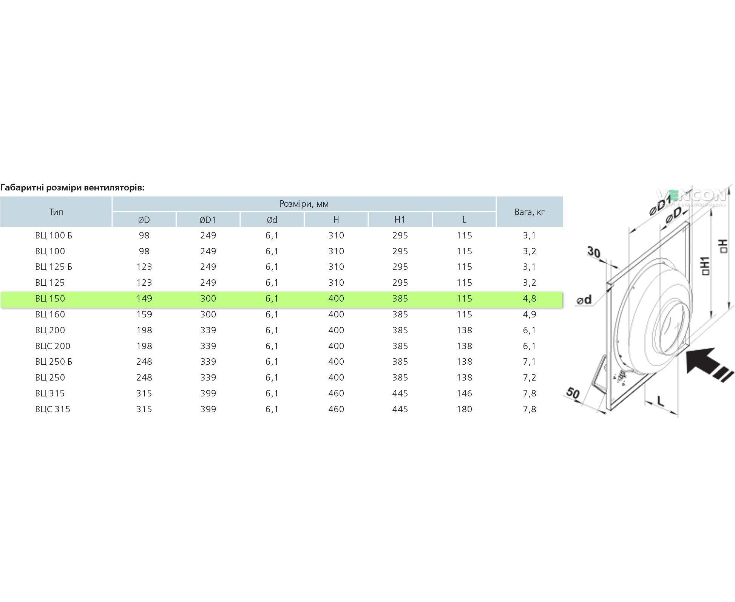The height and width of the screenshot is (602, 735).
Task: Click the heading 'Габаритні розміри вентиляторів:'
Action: pyautogui.click(x=73, y=188)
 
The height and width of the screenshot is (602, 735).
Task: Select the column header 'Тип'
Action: pyautogui.click(x=56, y=212)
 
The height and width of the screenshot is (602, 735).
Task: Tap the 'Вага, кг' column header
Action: pyautogui.click(x=530, y=212)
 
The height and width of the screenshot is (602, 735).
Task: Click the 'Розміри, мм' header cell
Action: pyautogui.click(x=304, y=204)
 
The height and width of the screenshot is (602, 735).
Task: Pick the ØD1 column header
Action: pyautogui.click(x=208, y=220)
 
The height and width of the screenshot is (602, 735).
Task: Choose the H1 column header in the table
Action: pyautogui.click(x=400, y=220)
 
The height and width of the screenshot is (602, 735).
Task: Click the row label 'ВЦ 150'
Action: pyautogui.click(x=50, y=299)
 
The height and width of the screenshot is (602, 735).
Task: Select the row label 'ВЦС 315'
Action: pyautogui.click(x=53, y=409)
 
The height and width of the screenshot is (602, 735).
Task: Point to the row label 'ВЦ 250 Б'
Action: pyautogui.click(x=54, y=362)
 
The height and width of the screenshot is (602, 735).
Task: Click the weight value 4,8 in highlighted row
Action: pyautogui.click(x=530, y=299)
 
